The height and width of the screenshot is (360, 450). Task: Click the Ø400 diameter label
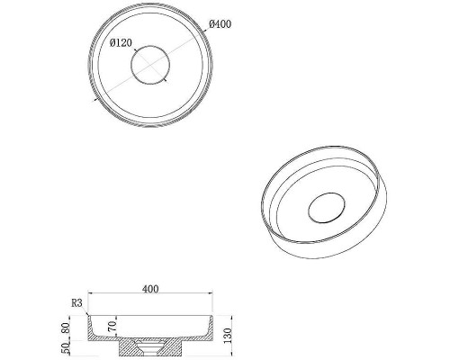click(x=220, y=24)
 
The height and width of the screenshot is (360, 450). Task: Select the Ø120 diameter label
click(x=121, y=43)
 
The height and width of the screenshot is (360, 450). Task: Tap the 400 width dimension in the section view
click(x=150, y=289)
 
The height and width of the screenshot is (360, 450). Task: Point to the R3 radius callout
click(x=76, y=303)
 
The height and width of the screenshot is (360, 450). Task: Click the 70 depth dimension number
click(x=112, y=326)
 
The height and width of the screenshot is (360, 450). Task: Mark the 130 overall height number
click(x=228, y=336)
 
